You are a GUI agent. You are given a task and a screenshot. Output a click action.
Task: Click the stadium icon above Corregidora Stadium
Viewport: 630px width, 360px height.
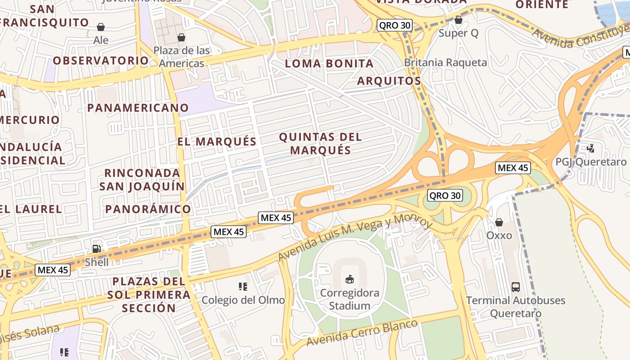(349, 279)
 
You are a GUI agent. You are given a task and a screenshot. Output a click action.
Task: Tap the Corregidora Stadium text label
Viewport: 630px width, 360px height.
(349, 299)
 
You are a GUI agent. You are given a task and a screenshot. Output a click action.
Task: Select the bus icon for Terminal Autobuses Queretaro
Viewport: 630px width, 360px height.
(516, 287)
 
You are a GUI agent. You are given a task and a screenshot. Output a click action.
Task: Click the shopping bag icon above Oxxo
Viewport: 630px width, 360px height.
(499, 222)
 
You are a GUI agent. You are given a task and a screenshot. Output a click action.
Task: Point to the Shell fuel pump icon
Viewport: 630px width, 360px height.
(96, 248)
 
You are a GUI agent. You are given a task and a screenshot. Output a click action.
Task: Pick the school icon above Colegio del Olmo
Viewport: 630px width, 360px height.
(243, 287)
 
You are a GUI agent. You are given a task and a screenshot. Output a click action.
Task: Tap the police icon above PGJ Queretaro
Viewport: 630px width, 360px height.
(591, 148)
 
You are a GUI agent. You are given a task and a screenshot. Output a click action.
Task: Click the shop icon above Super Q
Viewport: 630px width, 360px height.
(458, 20)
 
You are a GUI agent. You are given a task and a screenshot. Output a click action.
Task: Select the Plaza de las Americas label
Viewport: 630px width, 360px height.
(181, 57)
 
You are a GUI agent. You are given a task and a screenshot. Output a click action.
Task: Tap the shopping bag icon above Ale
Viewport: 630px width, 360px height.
(101, 27)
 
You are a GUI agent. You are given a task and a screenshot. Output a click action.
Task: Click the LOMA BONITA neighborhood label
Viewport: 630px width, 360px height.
(329, 64)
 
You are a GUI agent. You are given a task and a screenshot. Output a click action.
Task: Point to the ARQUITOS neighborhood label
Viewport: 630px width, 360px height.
(389, 81)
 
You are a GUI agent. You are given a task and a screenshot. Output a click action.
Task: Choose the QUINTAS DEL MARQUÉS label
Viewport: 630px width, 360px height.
(320, 143)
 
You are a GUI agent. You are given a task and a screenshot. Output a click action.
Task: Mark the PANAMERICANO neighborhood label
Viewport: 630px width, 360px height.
(138, 108)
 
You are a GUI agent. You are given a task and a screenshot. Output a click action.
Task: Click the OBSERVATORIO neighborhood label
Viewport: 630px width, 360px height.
(101, 61)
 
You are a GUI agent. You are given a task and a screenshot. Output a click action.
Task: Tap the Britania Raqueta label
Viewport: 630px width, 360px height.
(445, 63)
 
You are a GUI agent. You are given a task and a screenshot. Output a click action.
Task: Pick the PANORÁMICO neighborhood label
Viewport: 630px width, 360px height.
(148, 209)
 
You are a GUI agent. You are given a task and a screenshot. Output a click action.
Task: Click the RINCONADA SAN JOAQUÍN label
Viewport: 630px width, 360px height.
(142, 180)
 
